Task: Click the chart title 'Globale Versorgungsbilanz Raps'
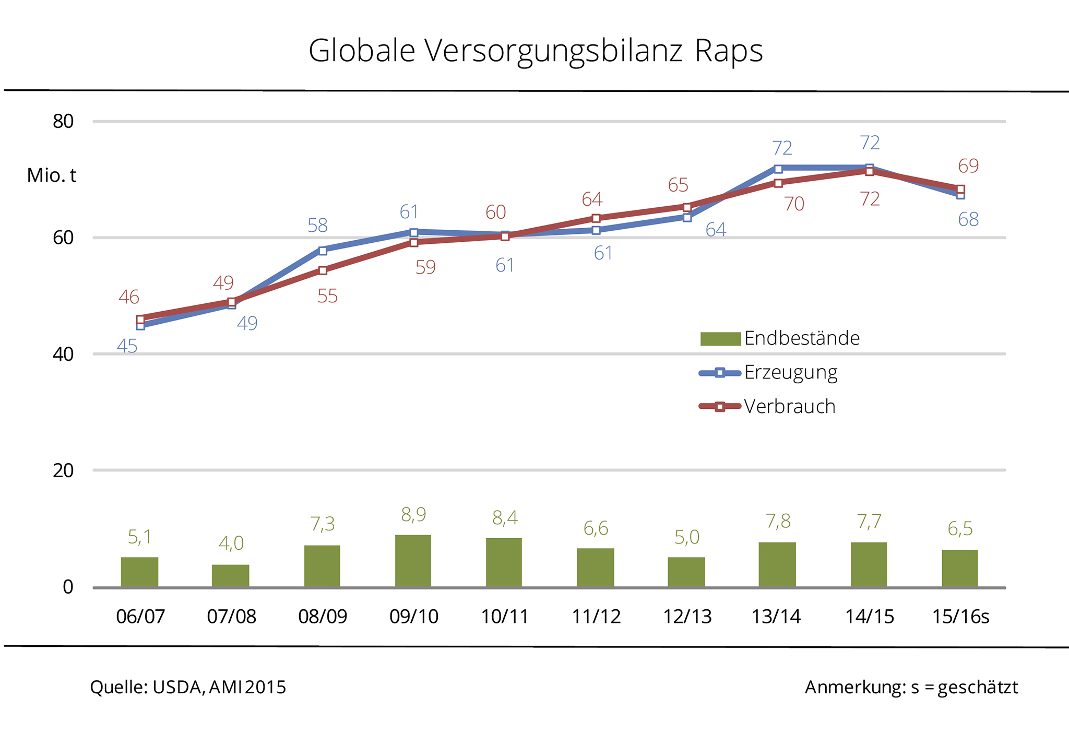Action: (536, 51)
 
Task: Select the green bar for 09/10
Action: (413, 561)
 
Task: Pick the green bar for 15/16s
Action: (959, 568)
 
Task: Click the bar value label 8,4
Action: (505, 518)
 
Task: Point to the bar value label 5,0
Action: (686, 537)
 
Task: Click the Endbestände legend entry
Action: (780, 338)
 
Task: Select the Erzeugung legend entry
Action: (768, 373)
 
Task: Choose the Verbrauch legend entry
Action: (767, 407)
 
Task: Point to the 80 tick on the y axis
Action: (63, 122)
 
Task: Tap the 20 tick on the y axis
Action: (63, 470)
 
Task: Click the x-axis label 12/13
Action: (687, 617)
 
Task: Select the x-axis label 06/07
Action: (140, 617)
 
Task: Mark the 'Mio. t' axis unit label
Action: (52, 175)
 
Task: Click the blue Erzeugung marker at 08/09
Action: (323, 251)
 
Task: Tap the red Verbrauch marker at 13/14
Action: (778, 183)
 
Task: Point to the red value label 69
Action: (968, 166)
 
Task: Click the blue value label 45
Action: (127, 346)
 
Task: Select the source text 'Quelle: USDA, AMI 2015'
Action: (188, 687)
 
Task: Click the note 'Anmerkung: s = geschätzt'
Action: (911, 687)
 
